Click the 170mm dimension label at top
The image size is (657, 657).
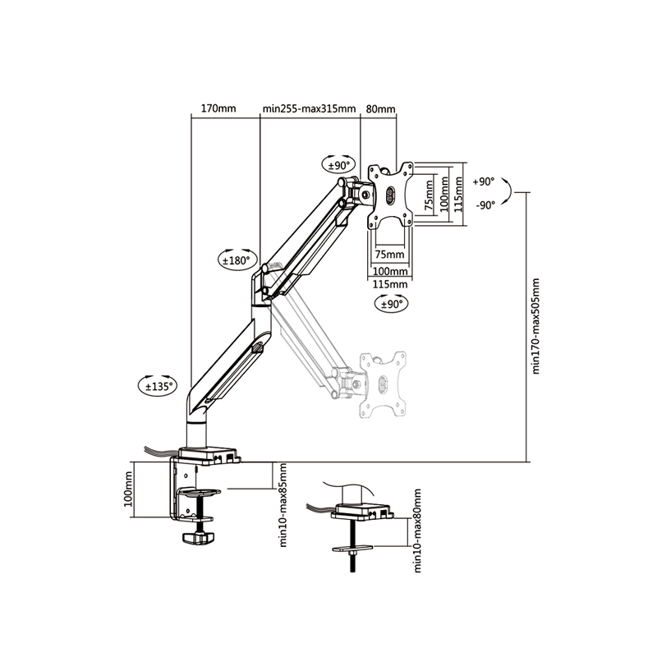[218, 108]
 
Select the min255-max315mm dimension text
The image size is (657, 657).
[310, 109]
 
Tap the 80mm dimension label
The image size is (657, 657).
[380, 109]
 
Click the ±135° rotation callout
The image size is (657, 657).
[158, 385]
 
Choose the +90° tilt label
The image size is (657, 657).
[483, 181]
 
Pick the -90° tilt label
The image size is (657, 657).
[485, 205]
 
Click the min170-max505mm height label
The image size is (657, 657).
[536, 326]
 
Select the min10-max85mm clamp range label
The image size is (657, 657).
[283, 505]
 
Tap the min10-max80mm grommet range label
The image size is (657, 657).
[417, 531]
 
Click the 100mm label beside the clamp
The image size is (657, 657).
[128, 489]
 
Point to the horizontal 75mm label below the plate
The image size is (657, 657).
[389, 255]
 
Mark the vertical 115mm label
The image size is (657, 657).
[458, 194]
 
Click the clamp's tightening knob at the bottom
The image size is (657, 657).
[198, 537]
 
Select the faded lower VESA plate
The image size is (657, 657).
[383, 384]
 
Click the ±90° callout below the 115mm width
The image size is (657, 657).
[392, 303]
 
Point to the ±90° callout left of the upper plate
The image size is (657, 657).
[338, 165]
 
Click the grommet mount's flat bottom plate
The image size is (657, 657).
[352, 548]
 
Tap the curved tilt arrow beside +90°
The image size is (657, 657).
[510, 192]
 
